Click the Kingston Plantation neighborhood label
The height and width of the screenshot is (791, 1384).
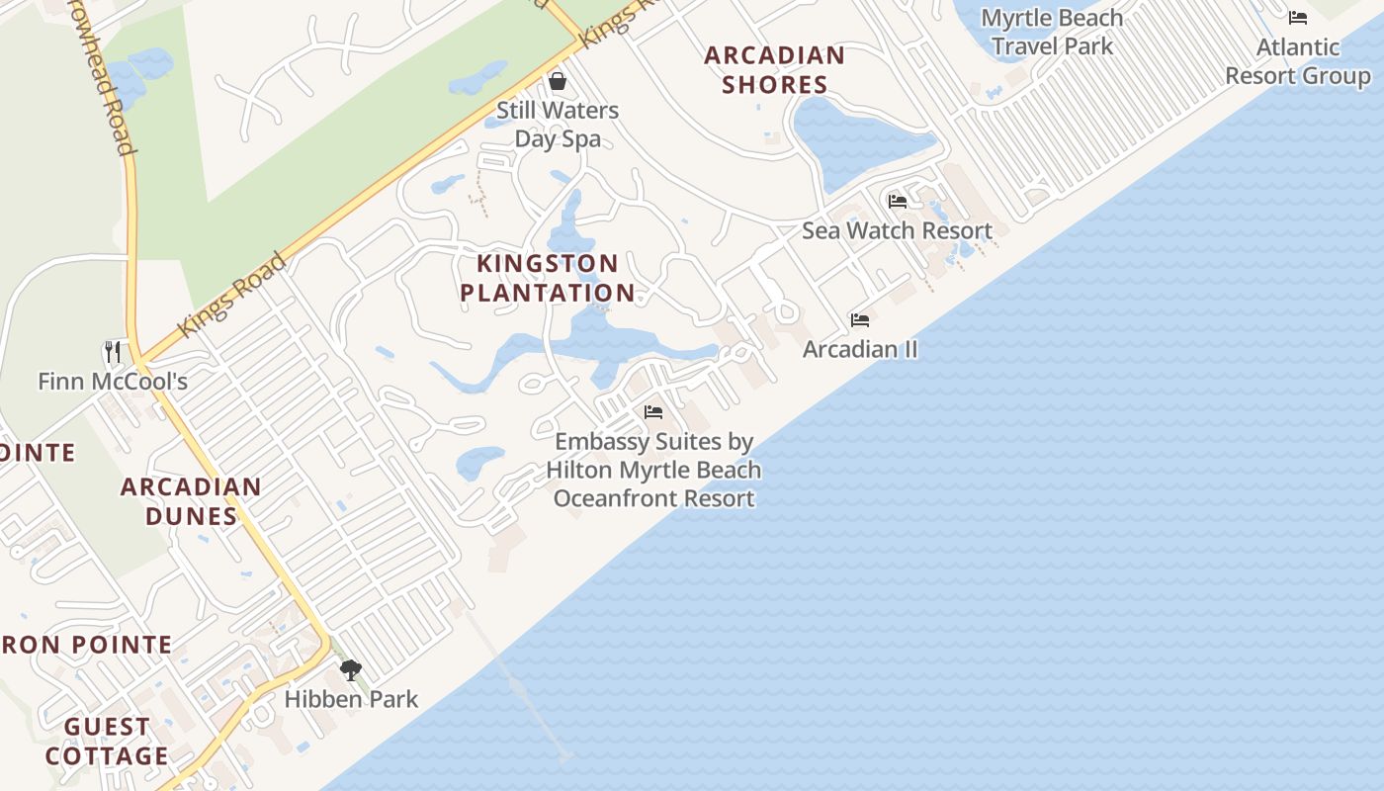(x=548, y=278)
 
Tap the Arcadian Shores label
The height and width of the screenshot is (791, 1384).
(x=774, y=69)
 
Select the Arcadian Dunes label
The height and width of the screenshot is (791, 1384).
(x=191, y=501)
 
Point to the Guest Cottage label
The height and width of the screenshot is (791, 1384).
(x=107, y=742)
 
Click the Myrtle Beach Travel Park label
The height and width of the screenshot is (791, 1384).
(x=1052, y=32)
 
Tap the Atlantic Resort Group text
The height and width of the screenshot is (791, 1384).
(x=1297, y=61)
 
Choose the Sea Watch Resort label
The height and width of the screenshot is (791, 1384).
(x=897, y=230)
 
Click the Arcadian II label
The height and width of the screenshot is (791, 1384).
(x=860, y=349)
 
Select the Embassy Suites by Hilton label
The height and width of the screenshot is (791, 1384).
(x=653, y=470)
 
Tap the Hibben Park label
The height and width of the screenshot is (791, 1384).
(x=351, y=699)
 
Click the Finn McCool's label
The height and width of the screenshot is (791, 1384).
(x=113, y=381)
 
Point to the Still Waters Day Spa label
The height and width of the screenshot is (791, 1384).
(x=558, y=124)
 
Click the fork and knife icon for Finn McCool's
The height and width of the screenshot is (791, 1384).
(x=113, y=351)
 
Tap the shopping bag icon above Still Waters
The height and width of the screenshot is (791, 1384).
(x=558, y=80)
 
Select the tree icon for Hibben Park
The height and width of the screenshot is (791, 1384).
(x=350, y=670)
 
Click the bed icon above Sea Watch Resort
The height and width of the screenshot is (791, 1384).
(x=897, y=202)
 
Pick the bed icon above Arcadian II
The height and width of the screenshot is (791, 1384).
(x=860, y=320)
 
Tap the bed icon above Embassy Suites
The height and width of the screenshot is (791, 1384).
(x=653, y=412)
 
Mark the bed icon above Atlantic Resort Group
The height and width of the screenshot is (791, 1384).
(x=1297, y=18)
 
